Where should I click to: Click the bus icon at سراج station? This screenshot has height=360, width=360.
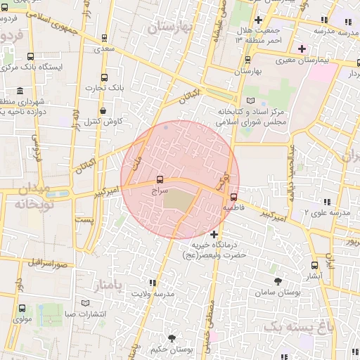click(x=160, y=180)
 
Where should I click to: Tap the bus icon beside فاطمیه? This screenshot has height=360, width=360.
click(x=233, y=198)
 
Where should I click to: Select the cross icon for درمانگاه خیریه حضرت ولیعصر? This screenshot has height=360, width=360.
click(x=214, y=233)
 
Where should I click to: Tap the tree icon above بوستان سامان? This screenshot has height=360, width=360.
click(x=278, y=281)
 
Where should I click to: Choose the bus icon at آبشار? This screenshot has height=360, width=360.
click(x=314, y=265)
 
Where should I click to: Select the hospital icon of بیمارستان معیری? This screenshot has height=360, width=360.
click(x=302, y=49)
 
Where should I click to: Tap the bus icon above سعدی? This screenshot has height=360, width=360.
click(x=105, y=39)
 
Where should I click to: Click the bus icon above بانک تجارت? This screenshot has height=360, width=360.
click(x=105, y=77)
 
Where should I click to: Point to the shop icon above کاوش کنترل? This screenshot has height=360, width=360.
click(x=103, y=110)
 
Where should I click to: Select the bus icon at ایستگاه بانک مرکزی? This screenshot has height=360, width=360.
click(x=30, y=57)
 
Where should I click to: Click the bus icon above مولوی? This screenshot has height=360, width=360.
click(x=22, y=308)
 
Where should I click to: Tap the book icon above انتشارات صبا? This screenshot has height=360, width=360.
click(x=86, y=303)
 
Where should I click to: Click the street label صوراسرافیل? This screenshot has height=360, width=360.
click(x=47, y=263)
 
